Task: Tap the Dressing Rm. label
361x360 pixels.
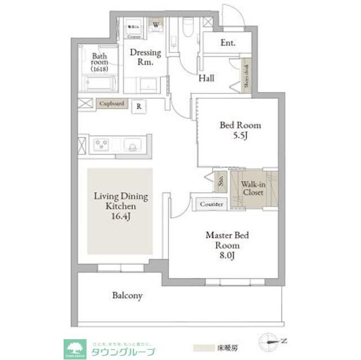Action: pos(145,57)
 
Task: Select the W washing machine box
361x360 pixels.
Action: pos(156,24)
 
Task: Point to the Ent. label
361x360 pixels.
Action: pos(228,43)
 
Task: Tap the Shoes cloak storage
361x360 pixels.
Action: pos(247,75)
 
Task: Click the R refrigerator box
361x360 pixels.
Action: pos(139,106)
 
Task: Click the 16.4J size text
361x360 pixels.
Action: pos(121,217)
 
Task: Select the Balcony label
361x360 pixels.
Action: pos(127,295)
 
